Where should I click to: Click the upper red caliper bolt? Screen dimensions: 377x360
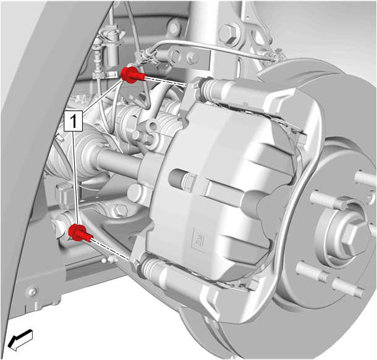[x=132, y=75]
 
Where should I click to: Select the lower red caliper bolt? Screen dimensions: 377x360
[x=80, y=232]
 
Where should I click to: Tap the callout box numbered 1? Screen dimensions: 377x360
[x=74, y=121]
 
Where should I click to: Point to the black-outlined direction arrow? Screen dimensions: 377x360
[x=20, y=339]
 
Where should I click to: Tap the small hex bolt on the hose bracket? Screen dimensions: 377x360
[x=192, y=58]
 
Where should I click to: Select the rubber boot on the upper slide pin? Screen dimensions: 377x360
[x=208, y=87]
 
